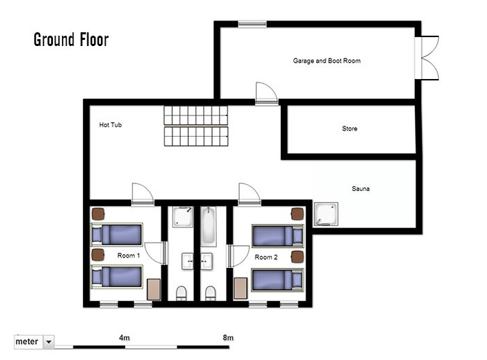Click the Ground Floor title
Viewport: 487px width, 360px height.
71,40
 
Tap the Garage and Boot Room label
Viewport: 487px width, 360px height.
327,61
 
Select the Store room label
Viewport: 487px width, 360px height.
350,128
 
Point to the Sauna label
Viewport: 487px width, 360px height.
361,188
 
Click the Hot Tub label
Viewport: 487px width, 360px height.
111,125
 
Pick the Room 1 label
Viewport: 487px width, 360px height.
128,256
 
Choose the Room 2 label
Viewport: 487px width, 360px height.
267,257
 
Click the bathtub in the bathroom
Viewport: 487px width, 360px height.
208,227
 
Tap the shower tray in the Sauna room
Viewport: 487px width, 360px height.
326,214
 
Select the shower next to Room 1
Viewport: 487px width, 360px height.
183,217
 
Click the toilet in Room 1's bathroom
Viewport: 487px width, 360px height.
181,293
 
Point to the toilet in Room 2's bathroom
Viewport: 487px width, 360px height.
210,293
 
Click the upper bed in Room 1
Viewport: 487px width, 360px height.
117,234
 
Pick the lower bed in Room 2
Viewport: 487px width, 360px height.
278,280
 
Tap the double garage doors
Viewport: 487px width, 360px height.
427,58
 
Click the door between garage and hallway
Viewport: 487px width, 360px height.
267,93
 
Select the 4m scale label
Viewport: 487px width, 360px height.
124,337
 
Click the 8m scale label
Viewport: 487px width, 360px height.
228,337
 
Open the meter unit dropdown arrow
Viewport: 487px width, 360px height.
49,342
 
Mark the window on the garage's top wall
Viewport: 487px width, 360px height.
252,24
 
